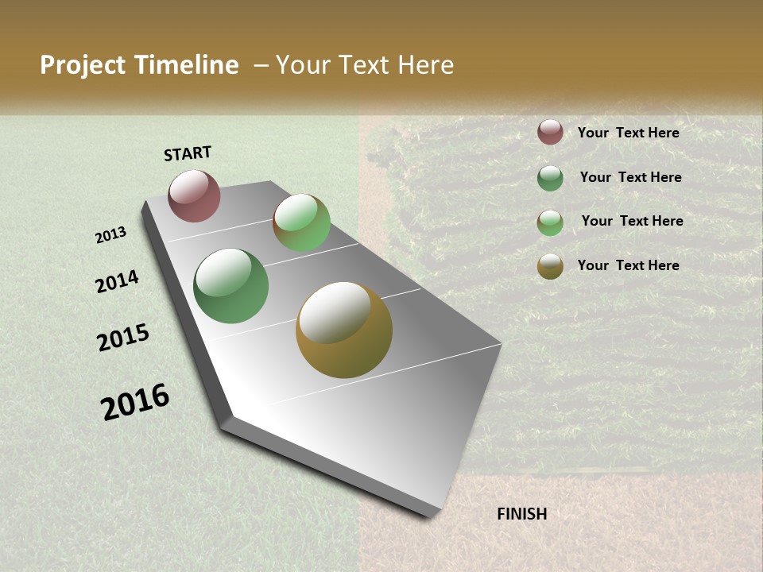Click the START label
tap(188, 153)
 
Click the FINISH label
tap(522, 514)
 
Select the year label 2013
tap(111, 235)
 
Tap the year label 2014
tap(118, 282)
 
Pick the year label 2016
tap(135, 402)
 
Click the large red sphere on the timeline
tap(194, 195)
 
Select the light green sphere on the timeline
tap(301, 222)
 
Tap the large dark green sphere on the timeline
tap(230, 286)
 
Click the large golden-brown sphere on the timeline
tap(344, 330)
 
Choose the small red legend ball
tap(550, 133)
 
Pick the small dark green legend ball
tap(550, 178)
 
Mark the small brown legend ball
tap(550, 266)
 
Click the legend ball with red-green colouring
tap(550, 222)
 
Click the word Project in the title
tap(83, 65)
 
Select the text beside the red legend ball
tap(628, 133)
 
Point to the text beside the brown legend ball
tap(628, 265)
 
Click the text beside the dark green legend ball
tap(630, 177)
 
